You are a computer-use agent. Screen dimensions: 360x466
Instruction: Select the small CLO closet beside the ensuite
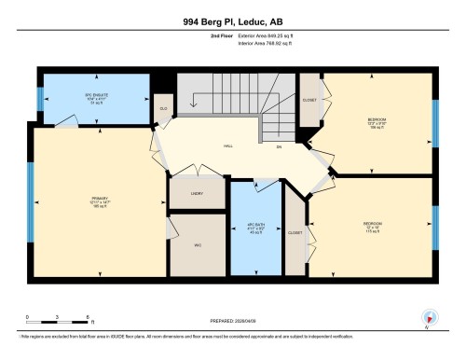(163, 110)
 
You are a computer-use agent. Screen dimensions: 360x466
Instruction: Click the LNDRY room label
(196, 195)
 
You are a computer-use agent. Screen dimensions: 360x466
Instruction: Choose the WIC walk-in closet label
(198, 246)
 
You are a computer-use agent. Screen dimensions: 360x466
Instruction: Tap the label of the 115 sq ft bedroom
(372, 226)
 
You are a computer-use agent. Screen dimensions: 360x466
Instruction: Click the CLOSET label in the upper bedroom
(308, 100)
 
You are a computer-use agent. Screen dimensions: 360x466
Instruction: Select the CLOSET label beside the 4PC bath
(295, 231)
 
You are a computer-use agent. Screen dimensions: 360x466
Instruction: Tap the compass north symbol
(430, 318)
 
